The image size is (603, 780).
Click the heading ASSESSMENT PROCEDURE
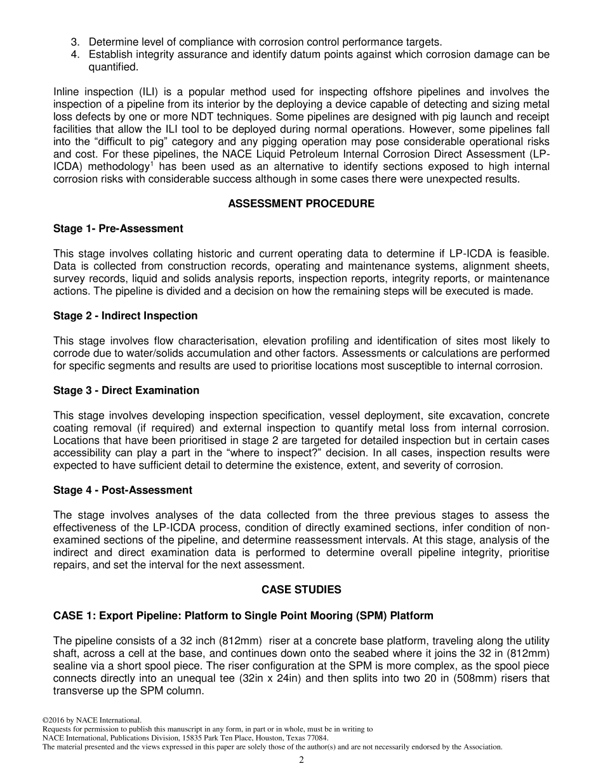coord(301,204)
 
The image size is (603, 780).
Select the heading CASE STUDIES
coord(301,590)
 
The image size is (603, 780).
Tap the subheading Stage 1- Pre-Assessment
coord(118,229)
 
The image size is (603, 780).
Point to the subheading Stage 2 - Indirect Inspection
coord(125,316)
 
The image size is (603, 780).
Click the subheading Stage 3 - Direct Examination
coord(126,391)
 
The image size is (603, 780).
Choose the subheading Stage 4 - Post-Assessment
coord(123,490)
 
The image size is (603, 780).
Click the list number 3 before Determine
coord(74,42)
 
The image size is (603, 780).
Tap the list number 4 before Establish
coord(74,55)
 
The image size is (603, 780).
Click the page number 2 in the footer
coord(301,760)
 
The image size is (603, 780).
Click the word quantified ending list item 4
coord(112,67)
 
